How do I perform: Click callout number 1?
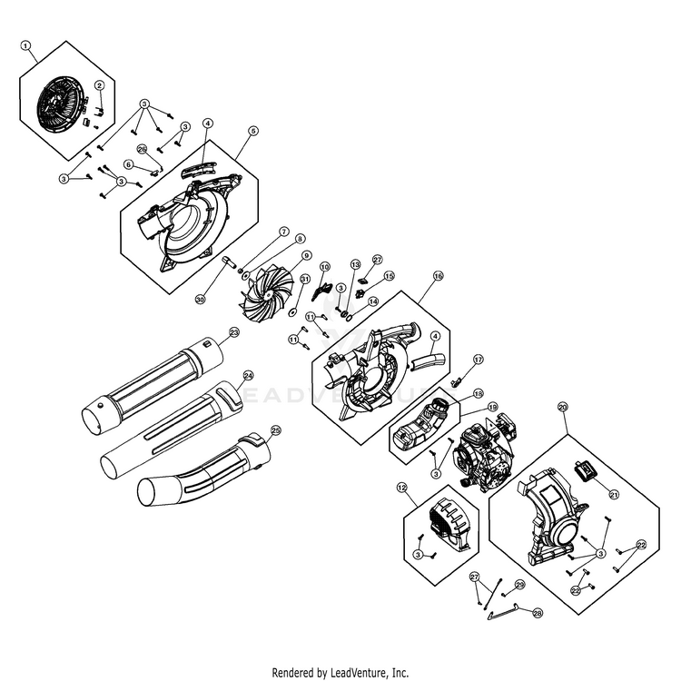pos(25,44)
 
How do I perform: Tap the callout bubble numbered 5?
pos(253,132)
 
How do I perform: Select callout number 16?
pos(438,275)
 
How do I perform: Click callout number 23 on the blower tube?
pos(233,333)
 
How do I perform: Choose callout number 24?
pos(248,374)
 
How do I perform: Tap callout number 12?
pos(400,487)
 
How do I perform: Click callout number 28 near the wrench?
pos(538,613)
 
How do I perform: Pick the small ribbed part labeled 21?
pos(585,471)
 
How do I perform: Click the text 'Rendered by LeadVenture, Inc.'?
pos(340,673)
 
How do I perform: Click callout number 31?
pos(305,280)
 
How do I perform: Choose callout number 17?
pos(479,360)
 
